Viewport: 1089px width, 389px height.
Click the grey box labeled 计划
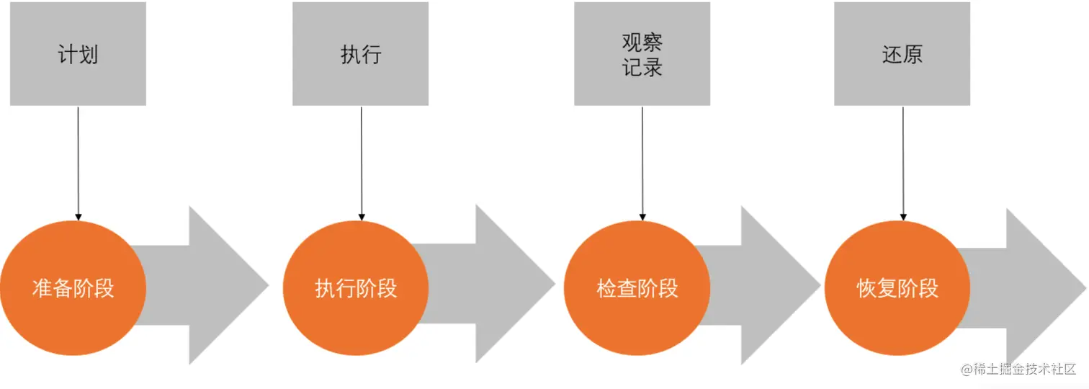pos(78,54)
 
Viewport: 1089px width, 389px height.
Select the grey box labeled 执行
pos(360,54)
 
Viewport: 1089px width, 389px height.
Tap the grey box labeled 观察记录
pos(642,54)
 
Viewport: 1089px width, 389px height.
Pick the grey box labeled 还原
pos(902,54)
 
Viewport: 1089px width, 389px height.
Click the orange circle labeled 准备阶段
pos(73,288)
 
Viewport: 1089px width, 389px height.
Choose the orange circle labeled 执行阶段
pos(356,288)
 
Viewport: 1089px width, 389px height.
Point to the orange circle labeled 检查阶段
pos(637,288)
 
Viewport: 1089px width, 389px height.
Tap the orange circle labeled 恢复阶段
pos(897,288)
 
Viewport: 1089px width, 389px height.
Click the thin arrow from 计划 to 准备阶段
pos(78,162)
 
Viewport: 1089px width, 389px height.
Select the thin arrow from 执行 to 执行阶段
pos(362,162)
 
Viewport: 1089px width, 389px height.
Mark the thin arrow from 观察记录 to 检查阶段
pos(642,162)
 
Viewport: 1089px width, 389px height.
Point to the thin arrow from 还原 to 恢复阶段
pos(902,162)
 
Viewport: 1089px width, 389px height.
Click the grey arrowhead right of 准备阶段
pos(216,285)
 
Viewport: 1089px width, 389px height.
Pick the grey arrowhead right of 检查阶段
pos(771,285)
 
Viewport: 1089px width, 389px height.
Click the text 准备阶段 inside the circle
pos(73,289)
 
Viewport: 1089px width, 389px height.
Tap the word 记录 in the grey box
pos(642,67)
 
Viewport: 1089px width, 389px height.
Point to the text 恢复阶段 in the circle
pos(897,289)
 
